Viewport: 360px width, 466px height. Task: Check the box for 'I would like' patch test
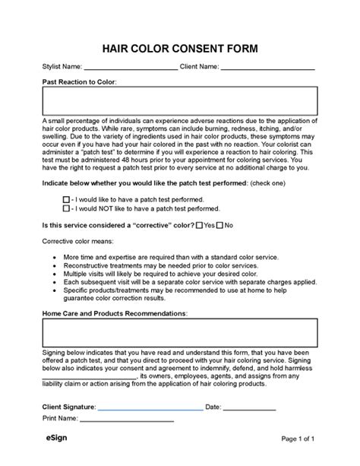[66, 197]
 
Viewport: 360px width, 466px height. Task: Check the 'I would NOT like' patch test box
[66, 206]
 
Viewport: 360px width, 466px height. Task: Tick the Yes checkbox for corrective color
[199, 225]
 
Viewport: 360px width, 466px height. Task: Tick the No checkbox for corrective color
[220, 225]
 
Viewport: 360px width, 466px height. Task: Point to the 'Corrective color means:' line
[77, 243]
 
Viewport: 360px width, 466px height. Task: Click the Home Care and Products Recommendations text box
[179, 332]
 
